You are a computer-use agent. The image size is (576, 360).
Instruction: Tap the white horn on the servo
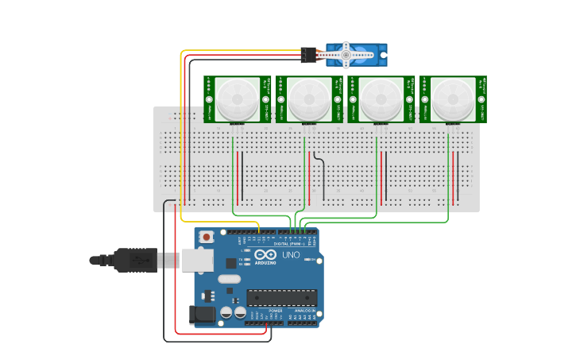[x=346, y=54]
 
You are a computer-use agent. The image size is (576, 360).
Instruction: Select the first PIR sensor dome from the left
[x=238, y=99]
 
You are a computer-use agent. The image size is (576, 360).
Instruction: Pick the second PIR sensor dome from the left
[x=309, y=99]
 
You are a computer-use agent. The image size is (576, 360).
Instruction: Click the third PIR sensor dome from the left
[x=381, y=99]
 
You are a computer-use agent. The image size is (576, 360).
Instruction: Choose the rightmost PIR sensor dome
[x=454, y=99]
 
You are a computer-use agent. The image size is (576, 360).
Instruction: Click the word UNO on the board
[x=291, y=254]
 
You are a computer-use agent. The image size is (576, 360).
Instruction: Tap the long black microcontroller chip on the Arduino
[x=281, y=297]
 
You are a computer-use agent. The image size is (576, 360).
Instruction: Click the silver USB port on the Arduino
[x=198, y=260]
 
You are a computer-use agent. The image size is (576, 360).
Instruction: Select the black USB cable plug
[x=135, y=260]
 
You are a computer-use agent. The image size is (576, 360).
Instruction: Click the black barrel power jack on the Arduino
[x=202, y=315]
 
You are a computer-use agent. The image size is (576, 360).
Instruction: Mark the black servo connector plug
[x=308, y=55]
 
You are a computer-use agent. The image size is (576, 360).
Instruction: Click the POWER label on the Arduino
[x=265, y=311]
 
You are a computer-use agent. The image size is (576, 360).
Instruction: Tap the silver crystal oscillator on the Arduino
[x=228, y=279]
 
